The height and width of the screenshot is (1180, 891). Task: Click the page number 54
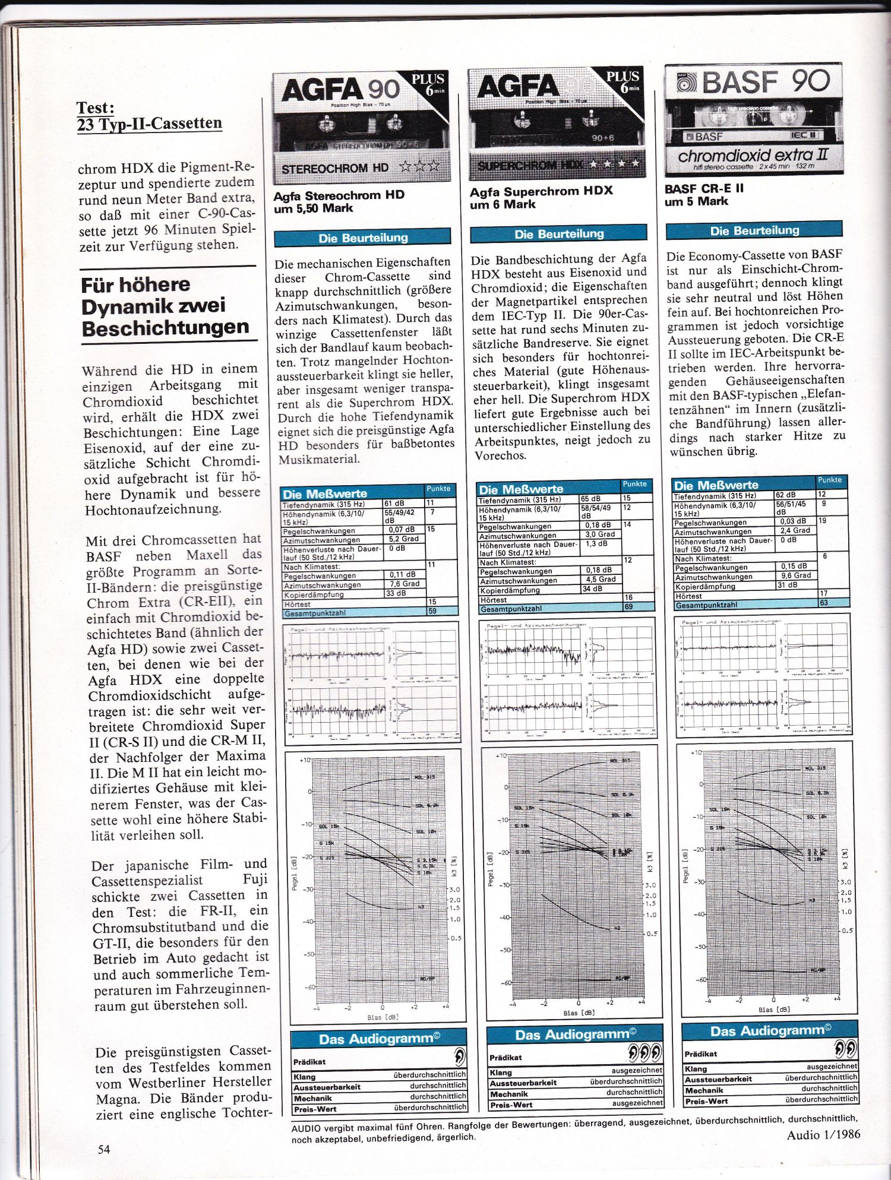coord(104,1149)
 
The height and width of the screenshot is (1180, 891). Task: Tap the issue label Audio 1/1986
coord(823,1134)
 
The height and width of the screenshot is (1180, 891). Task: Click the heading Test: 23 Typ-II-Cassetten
coord(149,116)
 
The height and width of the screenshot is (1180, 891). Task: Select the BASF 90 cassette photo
coord(753,119)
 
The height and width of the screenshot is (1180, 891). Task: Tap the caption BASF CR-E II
coord(704,189)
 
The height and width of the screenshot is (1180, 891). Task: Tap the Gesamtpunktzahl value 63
coord(823,603)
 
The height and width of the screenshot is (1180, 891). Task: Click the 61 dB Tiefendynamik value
coord(394,504)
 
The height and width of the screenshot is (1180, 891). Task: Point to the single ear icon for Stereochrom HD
coord(459,1057)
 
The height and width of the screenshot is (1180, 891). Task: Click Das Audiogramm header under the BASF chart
coord(770,1030)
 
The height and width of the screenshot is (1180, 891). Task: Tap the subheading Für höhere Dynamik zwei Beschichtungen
coord(165,306)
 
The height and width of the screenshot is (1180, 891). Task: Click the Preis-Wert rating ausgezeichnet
coord(637,1103)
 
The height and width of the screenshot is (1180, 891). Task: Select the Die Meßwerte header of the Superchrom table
coord(520,489)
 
